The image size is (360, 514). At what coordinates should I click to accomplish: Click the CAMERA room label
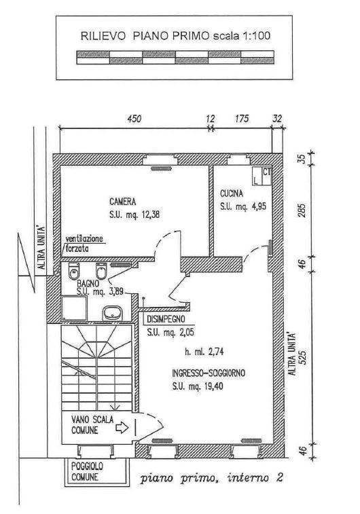point(123,201)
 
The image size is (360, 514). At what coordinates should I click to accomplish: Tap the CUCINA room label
point(232,194)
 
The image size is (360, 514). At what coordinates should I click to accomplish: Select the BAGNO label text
point(88,283)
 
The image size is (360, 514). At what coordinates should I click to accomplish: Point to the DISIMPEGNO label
point(166,318)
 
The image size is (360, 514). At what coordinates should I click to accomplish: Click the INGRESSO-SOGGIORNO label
point(209,373)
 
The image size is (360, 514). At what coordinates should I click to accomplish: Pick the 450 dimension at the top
point(134,118)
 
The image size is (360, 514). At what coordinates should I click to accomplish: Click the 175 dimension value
point(242,118)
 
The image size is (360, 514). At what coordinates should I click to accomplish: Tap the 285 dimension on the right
point(303,210)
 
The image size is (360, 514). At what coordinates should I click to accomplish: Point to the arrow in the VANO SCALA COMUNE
point(122,427)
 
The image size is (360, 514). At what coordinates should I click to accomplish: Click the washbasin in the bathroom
point(112,313)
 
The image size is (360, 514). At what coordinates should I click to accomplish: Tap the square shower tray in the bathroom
point(74,308)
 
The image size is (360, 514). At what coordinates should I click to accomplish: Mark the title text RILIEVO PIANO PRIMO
point(145,36)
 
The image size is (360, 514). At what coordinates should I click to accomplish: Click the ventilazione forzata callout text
point(84,243)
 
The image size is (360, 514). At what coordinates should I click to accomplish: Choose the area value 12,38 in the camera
point(151,215)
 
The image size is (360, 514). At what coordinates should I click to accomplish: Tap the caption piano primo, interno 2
point(211,479)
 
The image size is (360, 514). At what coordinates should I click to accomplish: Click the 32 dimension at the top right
point(277,118)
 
